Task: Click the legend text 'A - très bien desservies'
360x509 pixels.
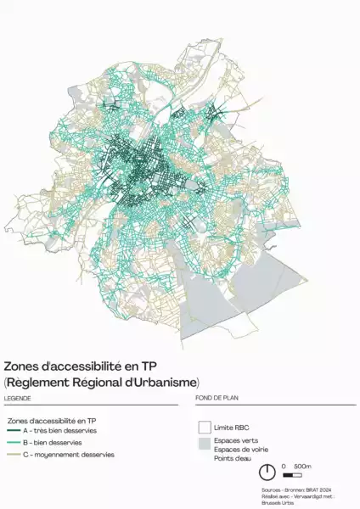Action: click(x=59, y=431)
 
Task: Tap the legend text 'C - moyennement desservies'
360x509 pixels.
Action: click(x=68, y=456)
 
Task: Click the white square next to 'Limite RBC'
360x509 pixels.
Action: click(x=204, y=427)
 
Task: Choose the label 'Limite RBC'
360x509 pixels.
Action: click(x=232, y=427)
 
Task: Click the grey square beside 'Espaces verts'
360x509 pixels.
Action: click(x=204, y=444)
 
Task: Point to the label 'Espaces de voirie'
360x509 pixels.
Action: click(x=239, y=450)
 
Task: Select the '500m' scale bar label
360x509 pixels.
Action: click(x=302, y=467)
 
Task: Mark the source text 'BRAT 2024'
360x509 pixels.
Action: click(x=320, y=489)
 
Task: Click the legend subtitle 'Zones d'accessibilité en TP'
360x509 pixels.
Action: click(x=51, y=420)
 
